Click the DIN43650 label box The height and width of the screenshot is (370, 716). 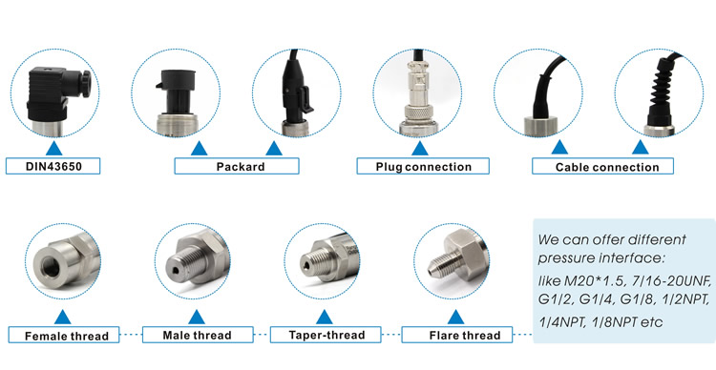[x=53, y=166]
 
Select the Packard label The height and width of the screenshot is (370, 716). [x=237, y=166]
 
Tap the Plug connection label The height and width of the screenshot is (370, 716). [x=423, y=166]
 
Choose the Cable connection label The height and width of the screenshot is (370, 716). [x=602, y=166]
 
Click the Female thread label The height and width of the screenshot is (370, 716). [x=64, y=335]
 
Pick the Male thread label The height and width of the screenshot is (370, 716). [x=198, y=335]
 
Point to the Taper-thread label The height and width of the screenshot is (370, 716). [x=326, y=335]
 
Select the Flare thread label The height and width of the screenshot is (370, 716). [x=457, y=335]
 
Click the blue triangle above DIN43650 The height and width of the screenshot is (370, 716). [x=53, y=149]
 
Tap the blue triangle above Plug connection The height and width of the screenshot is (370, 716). [x=420, y=149]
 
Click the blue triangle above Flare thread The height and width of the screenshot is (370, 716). [x=455, y=318]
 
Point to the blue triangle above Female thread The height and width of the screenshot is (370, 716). [x=63, y=318]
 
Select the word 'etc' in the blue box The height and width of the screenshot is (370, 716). [x=652, y=322]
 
